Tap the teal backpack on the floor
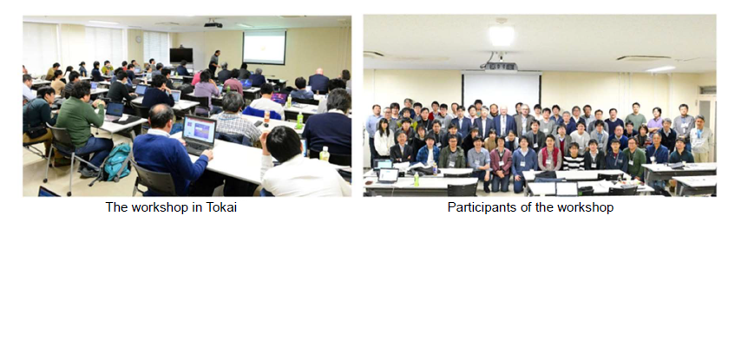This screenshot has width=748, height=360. pos(116,162)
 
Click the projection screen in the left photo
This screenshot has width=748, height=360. pos(265,47)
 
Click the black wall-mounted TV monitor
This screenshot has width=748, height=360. pos(181,56)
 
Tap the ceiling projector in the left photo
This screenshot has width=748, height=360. pos(213,24)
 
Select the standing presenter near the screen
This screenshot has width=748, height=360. pos(214,63)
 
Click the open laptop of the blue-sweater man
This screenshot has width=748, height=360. pos(198,134)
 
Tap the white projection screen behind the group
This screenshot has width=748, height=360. pos(502,89)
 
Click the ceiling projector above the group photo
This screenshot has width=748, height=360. pos(501,66)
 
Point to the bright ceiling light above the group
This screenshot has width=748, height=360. pos(502,36)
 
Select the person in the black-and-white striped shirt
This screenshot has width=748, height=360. pos(573,157)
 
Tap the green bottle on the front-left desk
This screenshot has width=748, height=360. pos(416,180)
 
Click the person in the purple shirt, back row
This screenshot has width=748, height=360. pos(655,120)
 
